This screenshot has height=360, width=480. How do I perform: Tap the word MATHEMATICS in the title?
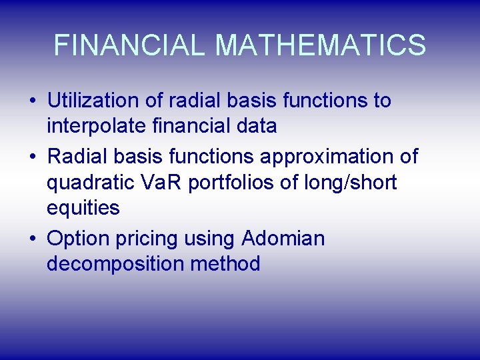[321, 45]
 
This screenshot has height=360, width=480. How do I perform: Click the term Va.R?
[163, 182]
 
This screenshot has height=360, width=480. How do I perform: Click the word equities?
[83, 208]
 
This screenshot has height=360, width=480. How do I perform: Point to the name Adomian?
[283, 238]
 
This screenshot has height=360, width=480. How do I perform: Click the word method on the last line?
[225, 263]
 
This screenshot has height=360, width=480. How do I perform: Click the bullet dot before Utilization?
[33, 102]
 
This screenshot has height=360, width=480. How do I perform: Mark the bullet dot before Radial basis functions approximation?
[33, 157]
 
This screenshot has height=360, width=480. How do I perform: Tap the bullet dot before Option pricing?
[33, 239]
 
